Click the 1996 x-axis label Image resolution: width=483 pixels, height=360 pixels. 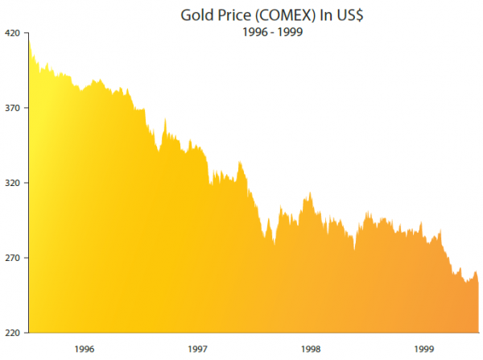[85, 350]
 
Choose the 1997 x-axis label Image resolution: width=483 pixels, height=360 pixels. [198, 350]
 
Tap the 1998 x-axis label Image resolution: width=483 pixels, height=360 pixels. [312, 350]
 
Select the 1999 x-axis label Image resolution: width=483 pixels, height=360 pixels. [425, 350]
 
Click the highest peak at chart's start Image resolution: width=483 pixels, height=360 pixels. [29, 35]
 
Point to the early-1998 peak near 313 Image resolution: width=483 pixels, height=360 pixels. [310, 193]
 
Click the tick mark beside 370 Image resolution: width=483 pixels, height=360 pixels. [26, 108]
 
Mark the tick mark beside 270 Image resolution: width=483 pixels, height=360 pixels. [26, 258]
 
